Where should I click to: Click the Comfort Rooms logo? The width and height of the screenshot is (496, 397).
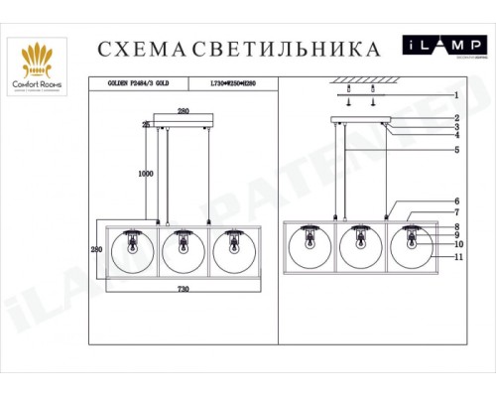pos(38,66)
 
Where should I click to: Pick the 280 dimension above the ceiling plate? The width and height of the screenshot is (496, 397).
pos(183,112)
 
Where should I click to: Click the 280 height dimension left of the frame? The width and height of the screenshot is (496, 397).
pos(97,249)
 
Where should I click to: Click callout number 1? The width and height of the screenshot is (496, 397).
pos(455,96)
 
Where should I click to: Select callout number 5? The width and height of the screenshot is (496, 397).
pos(455,150)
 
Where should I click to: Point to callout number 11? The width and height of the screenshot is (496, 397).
pos(457,257)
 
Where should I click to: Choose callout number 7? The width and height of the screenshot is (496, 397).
pos(455,212)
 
